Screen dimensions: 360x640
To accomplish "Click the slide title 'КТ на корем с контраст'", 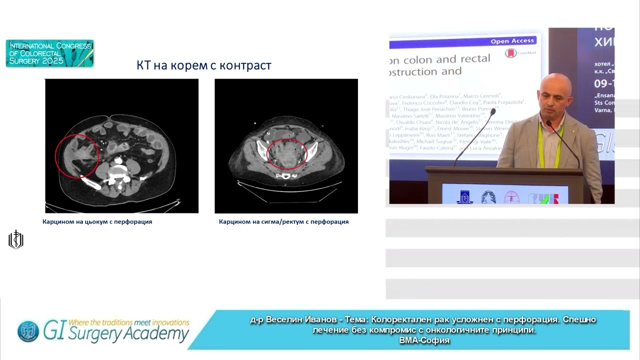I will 204,65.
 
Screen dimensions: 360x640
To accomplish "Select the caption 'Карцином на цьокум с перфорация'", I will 97,221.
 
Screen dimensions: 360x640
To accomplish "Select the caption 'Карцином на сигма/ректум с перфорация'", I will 283,221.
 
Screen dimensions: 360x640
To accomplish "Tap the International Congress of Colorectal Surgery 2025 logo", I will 49,53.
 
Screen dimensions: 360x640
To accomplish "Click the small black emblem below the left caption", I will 16,240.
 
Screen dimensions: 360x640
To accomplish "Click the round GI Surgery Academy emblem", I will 28,331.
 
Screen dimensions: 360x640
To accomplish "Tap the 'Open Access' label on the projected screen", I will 512,41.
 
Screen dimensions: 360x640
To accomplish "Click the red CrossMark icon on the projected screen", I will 511,53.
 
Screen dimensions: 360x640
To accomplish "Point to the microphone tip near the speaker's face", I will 494,111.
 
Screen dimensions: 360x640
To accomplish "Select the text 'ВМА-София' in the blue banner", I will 424,340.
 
